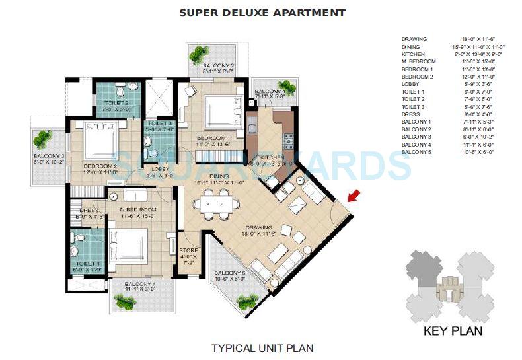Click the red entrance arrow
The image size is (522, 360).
coord(354,196)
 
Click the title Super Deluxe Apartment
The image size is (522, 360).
coord(262,13)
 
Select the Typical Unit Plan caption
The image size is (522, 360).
coord(262,347)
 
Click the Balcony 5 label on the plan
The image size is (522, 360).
coord(230,274)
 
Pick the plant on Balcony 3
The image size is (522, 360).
coord(43,139)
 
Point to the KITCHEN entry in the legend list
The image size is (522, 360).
coord(413,54)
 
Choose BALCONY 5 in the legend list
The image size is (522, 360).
coord(416,152)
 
